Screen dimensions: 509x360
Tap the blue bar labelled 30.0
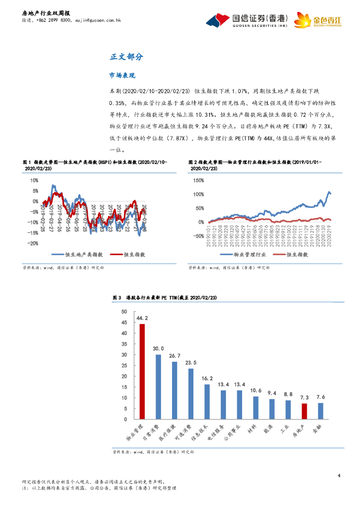(x=159, y=386)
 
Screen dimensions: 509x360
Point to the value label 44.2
(x=143, y=318)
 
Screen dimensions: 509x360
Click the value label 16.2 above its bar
(x=207, y=378)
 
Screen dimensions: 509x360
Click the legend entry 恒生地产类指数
(x=83, y=254)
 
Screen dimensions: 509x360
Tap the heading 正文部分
(x=126, y=57)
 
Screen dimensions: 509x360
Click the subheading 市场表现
(x=122, y=76)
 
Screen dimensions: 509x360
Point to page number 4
(x=339, y=476)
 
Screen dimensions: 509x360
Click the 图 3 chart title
(x=165, y=297)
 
